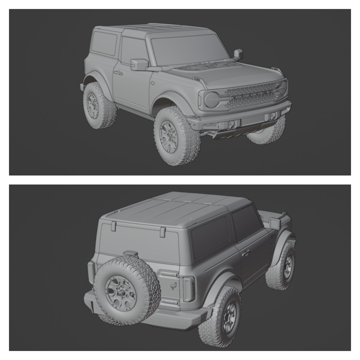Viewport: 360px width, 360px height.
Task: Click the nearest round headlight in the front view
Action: pos(211,100)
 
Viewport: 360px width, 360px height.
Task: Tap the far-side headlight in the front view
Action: pos(283,87)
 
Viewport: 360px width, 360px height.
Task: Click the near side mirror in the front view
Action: pos(139,64)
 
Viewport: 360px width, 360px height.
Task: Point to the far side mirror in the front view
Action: pos(238,54)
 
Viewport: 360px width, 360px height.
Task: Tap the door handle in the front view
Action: pos(118,73)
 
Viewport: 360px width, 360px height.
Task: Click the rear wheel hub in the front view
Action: pos(92,106)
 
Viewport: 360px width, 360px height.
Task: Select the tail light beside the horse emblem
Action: pos(188,289)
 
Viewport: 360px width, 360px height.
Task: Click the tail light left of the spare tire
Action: pos(91,272)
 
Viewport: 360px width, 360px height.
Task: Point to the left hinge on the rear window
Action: pos(113,226)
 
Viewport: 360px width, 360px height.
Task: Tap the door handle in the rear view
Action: pos(246,253)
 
